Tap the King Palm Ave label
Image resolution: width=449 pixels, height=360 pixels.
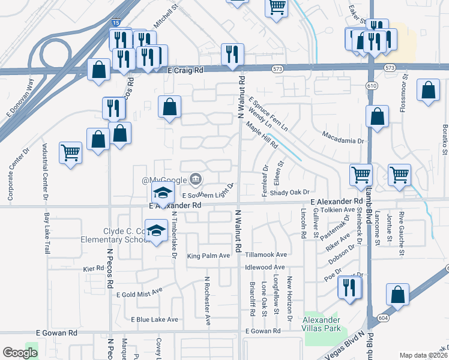[209, 256]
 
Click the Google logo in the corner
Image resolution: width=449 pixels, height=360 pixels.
[20, 353]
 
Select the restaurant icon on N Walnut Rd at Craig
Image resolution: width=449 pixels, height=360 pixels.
[232, 55]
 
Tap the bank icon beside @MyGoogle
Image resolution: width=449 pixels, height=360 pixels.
[196, 179]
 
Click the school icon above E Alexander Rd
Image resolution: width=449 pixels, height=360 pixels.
[161, 193]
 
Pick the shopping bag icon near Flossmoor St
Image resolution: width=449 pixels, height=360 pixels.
[428, 92]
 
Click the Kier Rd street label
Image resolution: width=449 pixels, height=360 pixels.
[94, 269]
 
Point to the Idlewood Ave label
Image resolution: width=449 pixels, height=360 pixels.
[265, 267]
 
